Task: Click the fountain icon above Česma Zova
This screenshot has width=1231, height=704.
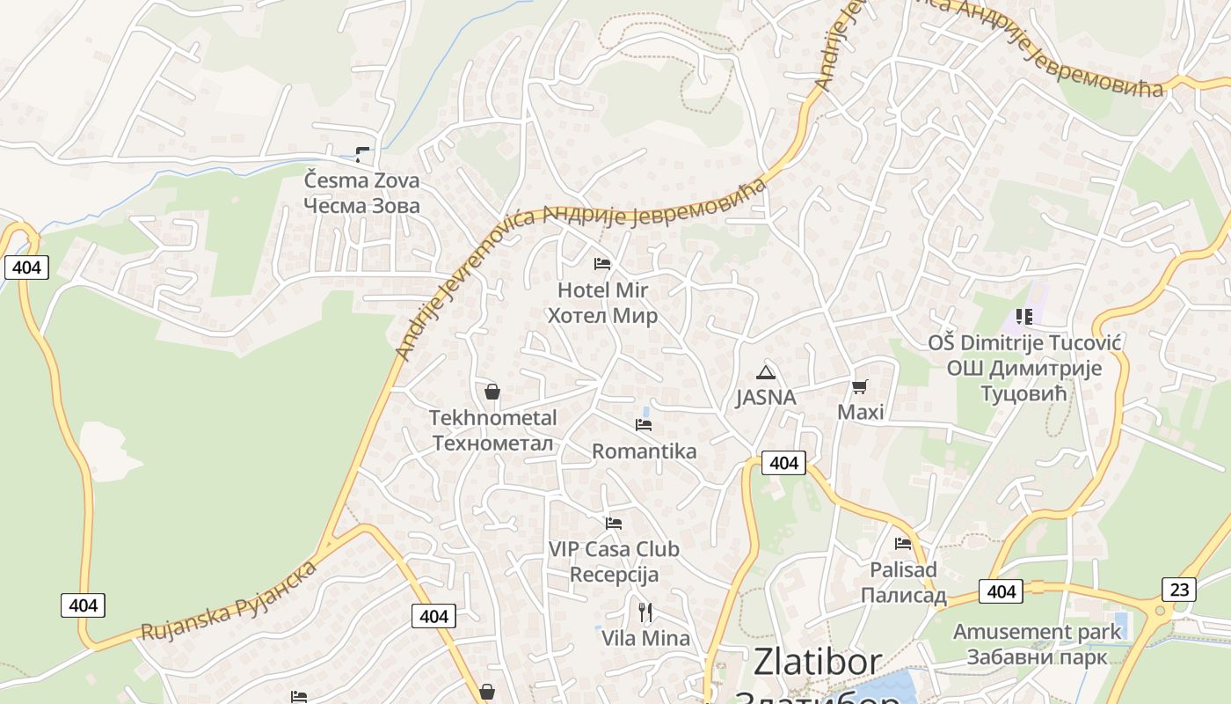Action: click(361, 155)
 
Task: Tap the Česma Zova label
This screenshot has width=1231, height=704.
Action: click(361, 180)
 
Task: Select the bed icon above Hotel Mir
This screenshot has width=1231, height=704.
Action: click(602, 264)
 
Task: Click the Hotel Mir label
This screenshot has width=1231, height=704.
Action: click(602, 290)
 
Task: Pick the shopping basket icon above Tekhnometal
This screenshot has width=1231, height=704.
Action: click(492, 392)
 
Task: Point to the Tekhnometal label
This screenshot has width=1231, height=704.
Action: click(492, 417)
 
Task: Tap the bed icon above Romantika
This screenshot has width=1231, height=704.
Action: click(644, 425)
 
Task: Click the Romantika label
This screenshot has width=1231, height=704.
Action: click(644, 451)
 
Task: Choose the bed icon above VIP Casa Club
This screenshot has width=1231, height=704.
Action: click(614, 524)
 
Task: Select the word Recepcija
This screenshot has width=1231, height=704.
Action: click(614, 575)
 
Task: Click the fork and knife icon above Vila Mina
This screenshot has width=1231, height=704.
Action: click(645, 612)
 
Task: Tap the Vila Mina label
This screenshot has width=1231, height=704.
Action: click(645, 638)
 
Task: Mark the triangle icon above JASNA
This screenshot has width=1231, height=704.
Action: click(766, 371)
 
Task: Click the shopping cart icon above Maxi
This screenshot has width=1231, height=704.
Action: click(860, 386)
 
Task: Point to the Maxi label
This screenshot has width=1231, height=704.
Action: click(860, 412)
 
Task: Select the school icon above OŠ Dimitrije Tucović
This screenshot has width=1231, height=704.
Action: click(1023, 316)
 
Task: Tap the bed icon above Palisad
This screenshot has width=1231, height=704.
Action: click(903, 544)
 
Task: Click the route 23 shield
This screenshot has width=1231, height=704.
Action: click(1178, 589)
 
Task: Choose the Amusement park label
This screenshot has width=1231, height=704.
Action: click(1038, 632)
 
